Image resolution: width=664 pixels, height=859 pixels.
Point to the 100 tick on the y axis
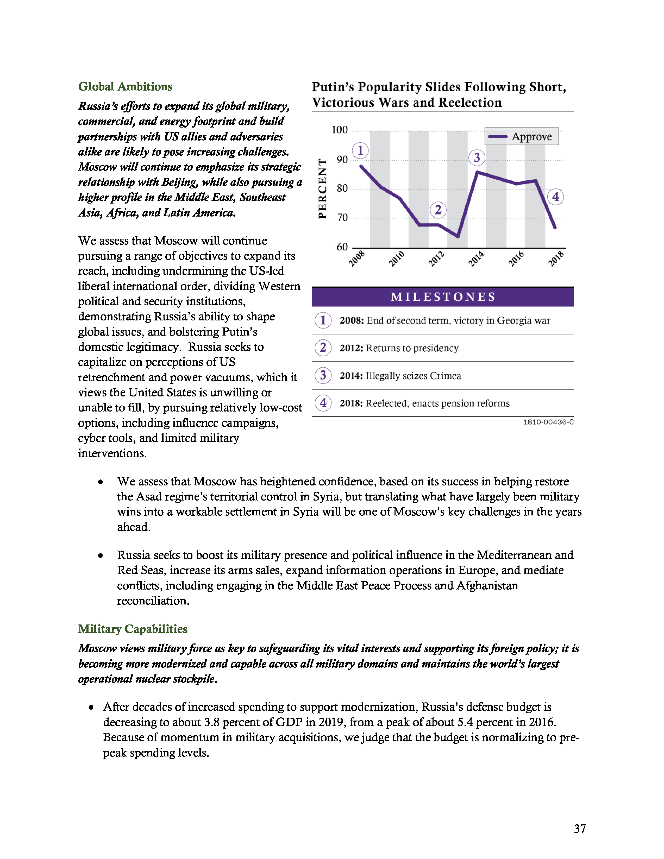(x=340, y=130)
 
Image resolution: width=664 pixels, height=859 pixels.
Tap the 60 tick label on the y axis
(x=342, y=247)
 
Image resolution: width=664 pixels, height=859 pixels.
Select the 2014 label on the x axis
(x=476, y=259)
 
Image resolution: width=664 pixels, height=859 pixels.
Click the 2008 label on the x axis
(x=357, y=259)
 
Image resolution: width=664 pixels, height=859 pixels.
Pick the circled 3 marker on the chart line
(x=477, y=158)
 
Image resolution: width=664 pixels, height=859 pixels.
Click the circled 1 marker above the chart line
(x=360, y=151)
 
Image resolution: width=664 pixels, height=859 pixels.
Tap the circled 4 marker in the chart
(x=555, y=197)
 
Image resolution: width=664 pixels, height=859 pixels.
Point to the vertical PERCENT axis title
(x=323, y=189)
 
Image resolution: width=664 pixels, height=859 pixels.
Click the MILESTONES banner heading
(x=442, y=297)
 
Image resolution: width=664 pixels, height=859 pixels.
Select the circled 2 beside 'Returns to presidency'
(x=323, y=348)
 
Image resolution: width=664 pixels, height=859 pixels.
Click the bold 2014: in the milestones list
(x=351, y=376)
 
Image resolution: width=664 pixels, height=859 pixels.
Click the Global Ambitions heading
(x=125, y=86)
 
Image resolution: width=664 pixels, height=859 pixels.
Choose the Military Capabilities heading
(x=133, y=629)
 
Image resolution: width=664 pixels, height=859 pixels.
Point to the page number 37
(x=579, y=829)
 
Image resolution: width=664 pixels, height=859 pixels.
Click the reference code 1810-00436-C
(x=548, y=422)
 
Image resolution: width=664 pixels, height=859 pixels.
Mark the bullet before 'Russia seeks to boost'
(x=101, y=556)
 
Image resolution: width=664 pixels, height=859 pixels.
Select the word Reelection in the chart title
(x=470, y=103)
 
